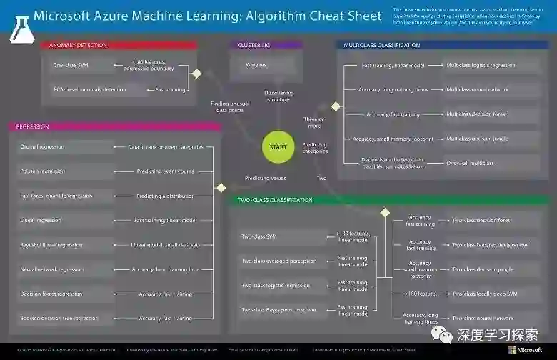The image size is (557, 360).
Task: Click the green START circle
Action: (x=277, y=147)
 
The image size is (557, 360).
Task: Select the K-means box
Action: (x=256, y=66)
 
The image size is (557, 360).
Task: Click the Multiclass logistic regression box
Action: (x=481, y=66)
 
